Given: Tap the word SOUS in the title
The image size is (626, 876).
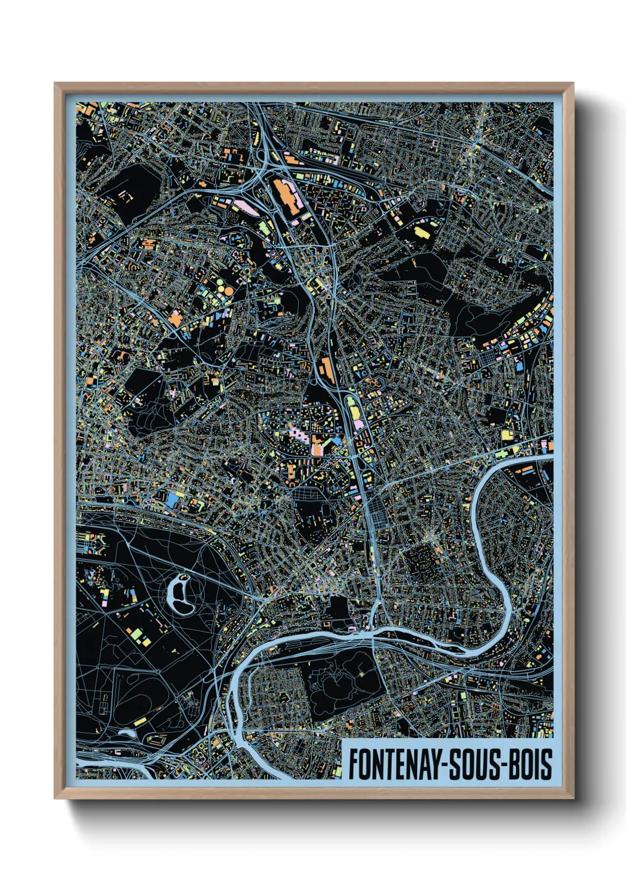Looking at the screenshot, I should click(474, 764).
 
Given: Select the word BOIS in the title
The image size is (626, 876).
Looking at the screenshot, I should click(530, 764).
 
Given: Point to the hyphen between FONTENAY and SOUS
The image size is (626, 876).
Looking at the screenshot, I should click(443, 765).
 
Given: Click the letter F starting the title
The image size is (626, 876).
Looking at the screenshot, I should click(353, 764).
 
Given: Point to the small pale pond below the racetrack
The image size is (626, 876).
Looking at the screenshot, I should click(127, 732).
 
